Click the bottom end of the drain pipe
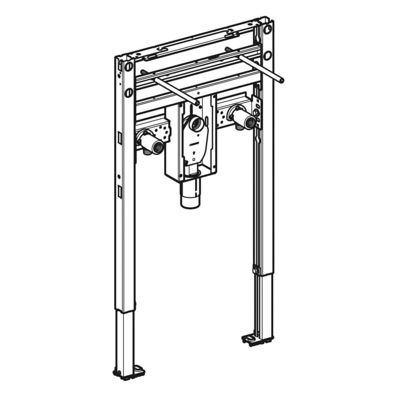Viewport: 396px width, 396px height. [190, 203]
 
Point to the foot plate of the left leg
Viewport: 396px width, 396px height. [129, 373]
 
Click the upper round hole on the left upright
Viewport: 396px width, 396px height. [129, 67]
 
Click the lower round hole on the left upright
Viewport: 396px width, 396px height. [129, 92]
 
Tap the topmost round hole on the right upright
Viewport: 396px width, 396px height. [267, 29]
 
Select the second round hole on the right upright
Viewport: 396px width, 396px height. [267, 55]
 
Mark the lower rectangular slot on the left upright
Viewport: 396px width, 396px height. [120, 191]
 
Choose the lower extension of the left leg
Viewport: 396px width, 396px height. [126, 339]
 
